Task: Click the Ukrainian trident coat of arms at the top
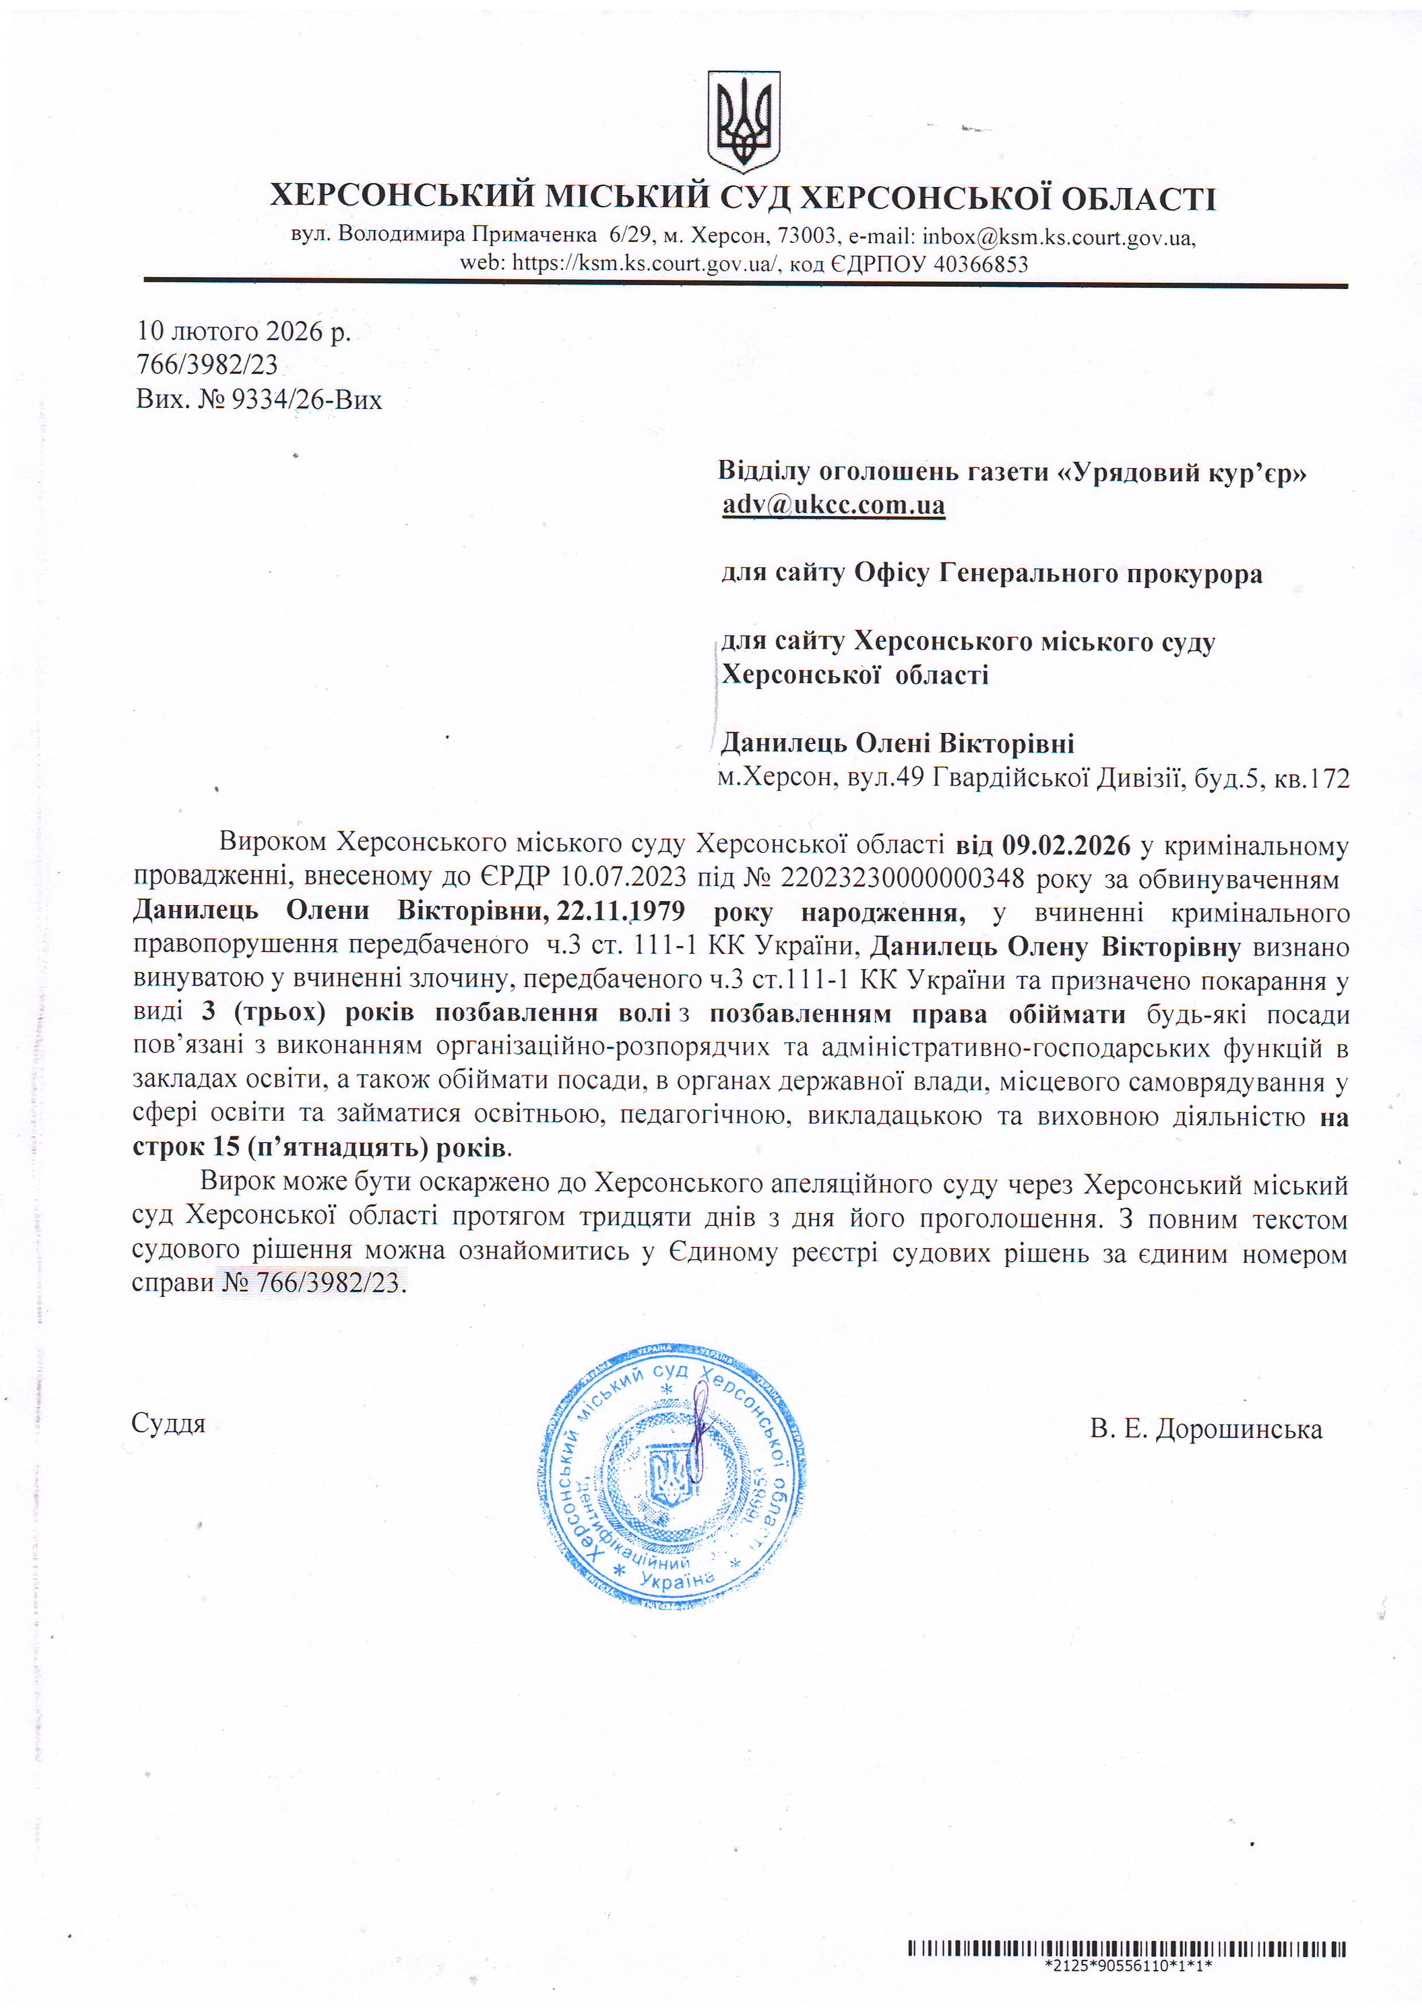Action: (743, 121)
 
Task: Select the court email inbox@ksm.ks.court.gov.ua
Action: (1057, 237)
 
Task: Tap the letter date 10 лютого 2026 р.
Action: (244, 332)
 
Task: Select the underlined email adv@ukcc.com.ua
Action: (833, 505)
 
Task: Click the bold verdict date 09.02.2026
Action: (1066, 845)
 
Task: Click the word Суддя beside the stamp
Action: (168, 1423)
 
